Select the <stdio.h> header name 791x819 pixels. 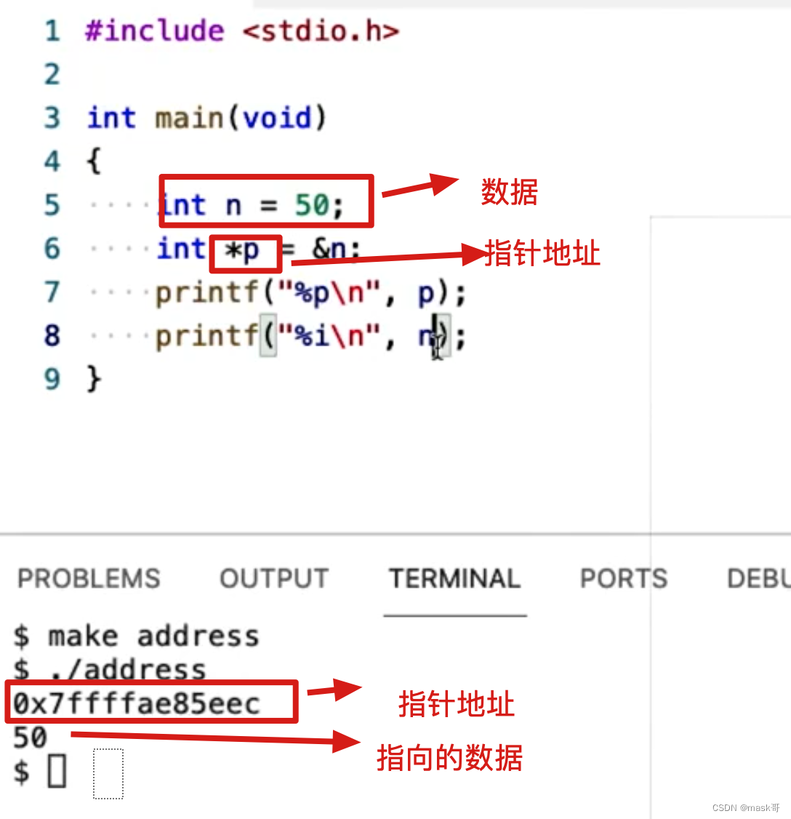321,31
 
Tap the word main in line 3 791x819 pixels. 189,118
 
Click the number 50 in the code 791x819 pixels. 312,206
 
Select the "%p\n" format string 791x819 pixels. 334,293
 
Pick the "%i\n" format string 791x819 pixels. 334,337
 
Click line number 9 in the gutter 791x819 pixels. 52,379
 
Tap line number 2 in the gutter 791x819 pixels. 52,74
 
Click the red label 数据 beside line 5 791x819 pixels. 509,192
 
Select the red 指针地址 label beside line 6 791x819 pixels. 542,254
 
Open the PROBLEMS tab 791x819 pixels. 89,579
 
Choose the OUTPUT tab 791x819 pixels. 274,579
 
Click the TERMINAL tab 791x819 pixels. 454,579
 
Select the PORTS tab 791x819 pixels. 623,579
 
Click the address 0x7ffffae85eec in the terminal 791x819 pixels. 137,703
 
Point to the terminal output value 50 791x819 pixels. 30,738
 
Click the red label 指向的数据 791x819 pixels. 449,758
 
